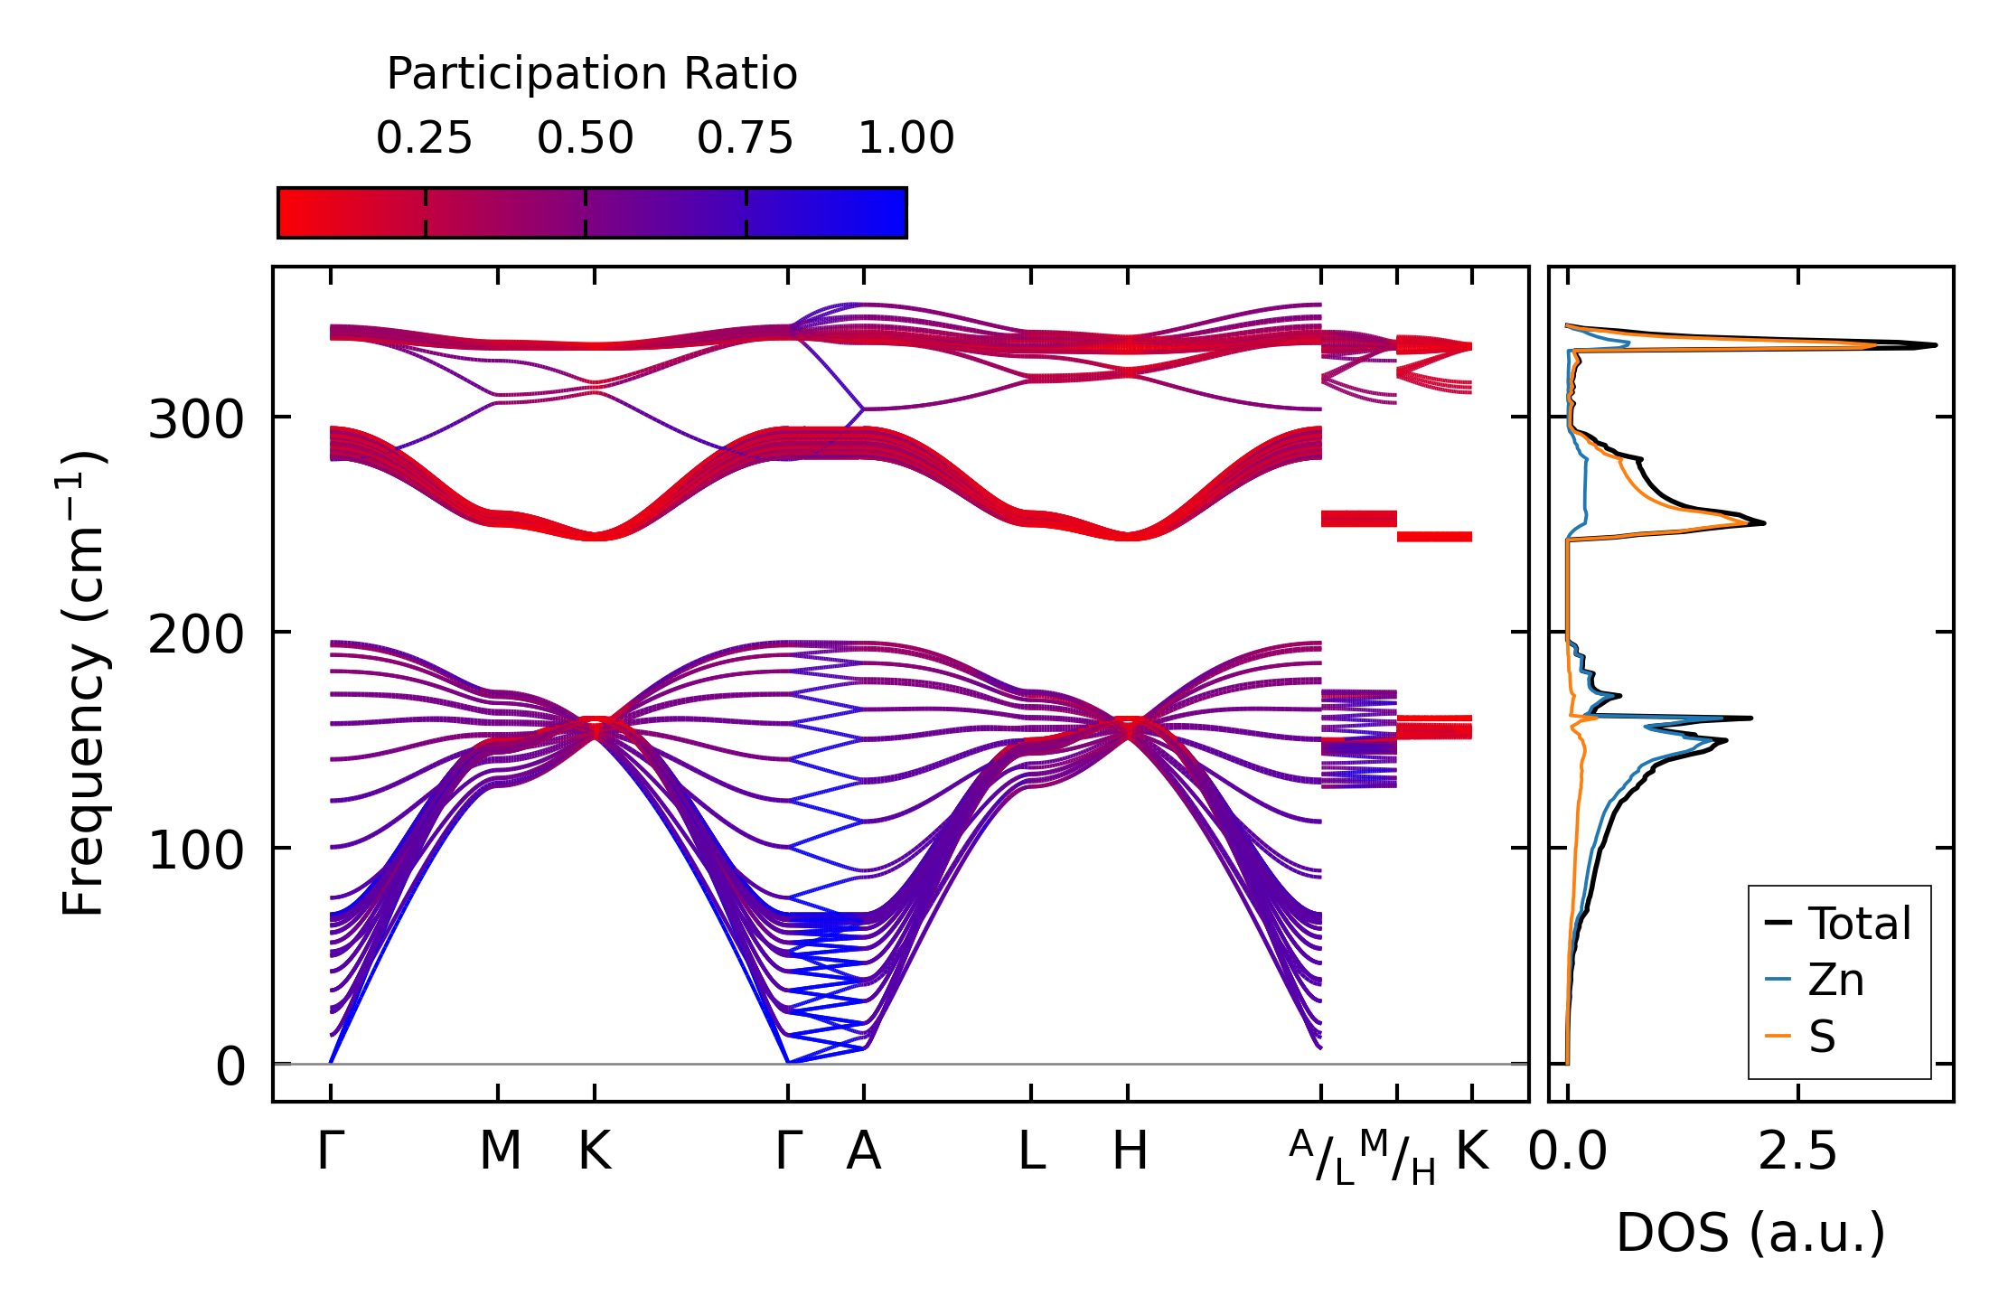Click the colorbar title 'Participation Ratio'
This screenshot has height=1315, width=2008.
(592, 74)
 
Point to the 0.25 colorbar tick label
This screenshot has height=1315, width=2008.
(424, 138)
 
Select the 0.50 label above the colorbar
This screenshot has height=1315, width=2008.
(585, 138)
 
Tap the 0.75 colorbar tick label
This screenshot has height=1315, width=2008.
(745, 138)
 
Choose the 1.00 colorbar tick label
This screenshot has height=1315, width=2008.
(905, 138)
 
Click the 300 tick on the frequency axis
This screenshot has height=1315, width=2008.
(196, 419)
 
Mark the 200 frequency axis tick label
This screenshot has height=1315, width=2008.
(196, 634)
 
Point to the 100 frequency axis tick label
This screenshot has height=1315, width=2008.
(196, 850)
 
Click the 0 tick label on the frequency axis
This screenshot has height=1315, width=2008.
(230, 1066)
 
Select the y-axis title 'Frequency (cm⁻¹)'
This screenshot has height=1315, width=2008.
(83, 684)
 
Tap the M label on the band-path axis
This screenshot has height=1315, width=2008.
(500, 1151)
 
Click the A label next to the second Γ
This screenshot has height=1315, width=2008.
(863, 1151)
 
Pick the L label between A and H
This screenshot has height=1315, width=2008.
(1031, 1151)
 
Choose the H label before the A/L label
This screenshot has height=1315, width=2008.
(1129, 1151)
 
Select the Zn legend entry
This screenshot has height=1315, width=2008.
(1835, 980)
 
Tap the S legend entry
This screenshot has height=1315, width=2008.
(1822, 1037)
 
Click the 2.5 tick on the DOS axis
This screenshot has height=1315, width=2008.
(1797, 1151)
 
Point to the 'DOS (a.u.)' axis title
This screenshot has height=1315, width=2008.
(1750, 1233)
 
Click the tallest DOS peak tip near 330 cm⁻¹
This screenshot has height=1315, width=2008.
(1934, 344)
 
